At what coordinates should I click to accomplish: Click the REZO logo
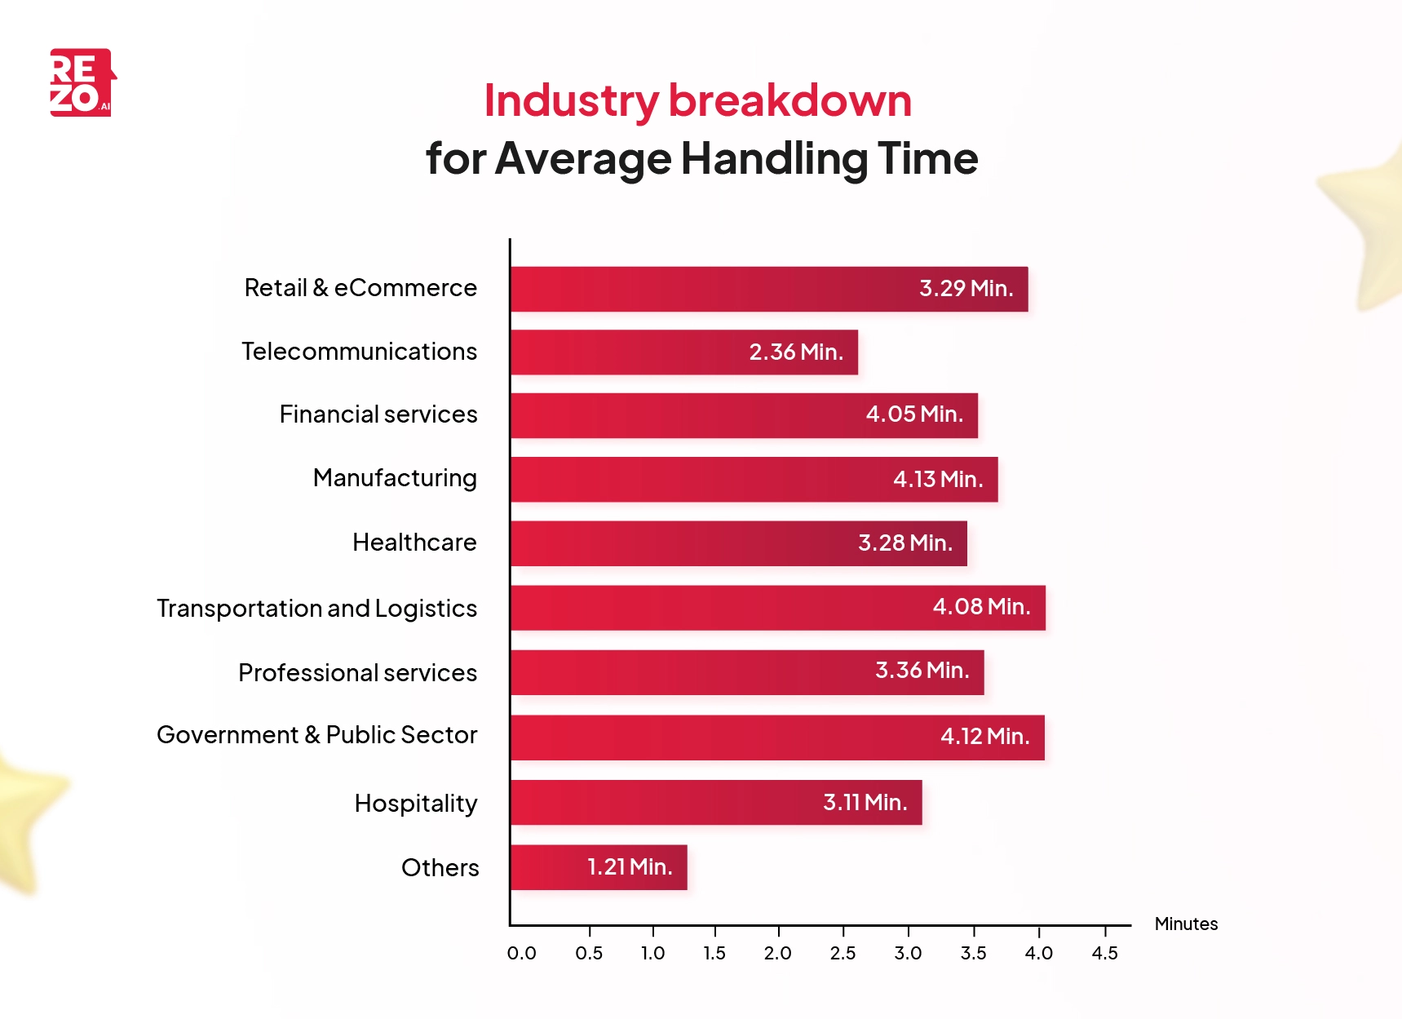[82, 82]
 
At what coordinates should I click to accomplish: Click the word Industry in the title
[571, 101]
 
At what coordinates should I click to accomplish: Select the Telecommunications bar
[683, 352]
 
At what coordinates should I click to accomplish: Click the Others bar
[599, 867]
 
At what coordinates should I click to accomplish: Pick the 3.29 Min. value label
[966, 289]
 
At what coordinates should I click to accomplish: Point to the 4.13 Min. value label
[937, 480]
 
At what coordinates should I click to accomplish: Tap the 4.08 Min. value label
[981, 607]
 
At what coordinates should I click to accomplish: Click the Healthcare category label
[414, 543]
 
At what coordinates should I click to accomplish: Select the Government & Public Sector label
[316, 735]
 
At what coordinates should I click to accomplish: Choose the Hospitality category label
[416, 804]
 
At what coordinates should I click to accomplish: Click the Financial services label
[378, 414]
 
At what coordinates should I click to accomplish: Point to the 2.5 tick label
[843, 953]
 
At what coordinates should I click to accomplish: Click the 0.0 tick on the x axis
[521, 953]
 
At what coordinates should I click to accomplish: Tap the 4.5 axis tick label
[1104, 953]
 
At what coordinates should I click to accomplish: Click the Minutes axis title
[1186, 924]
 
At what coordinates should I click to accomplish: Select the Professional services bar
[746, 672]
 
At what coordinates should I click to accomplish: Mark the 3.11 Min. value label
[865, 803]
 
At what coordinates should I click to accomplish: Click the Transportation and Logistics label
[316, 609]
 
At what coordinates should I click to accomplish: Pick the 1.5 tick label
[714, 953]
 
